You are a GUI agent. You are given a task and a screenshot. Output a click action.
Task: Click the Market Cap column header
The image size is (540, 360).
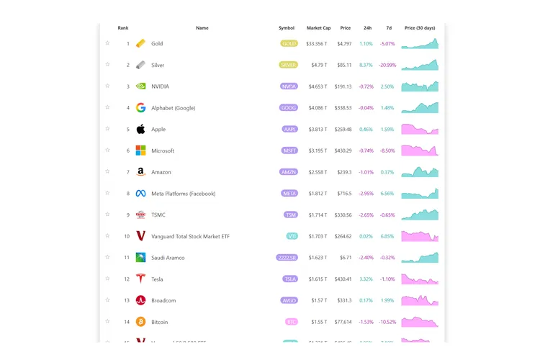click(318, 28)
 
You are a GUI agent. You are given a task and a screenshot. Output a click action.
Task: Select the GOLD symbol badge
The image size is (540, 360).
click(289, 44)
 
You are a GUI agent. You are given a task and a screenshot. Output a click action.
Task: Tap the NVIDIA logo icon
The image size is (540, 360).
click(140, 86)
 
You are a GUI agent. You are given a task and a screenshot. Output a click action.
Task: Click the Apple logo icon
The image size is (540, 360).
click(140, 130)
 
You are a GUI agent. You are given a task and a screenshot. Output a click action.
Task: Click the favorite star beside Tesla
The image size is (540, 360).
click(107, 279)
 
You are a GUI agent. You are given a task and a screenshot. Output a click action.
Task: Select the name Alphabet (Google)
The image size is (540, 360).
click(173, 108)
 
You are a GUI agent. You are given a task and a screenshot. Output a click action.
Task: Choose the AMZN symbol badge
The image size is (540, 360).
click(289, 172)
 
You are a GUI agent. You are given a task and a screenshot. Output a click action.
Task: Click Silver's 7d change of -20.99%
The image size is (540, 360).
click(387, 65)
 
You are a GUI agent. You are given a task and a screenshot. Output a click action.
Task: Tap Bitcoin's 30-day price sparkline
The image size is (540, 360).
click(420, 322)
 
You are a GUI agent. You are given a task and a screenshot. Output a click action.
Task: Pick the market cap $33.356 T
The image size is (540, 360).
click(316, 44)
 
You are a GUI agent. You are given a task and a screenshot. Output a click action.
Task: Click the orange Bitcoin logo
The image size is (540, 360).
click(140, 322)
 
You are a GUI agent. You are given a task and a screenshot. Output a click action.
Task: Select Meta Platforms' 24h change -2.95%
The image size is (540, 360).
click(366, 194)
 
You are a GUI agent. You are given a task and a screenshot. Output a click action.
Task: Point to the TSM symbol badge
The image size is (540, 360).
click(289, 215)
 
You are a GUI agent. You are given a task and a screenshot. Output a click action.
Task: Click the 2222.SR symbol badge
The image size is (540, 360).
click(287, 258)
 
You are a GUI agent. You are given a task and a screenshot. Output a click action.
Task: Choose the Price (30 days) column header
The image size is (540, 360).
click(420, 28)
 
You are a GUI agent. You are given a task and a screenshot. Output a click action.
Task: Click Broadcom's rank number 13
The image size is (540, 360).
click(127, 300)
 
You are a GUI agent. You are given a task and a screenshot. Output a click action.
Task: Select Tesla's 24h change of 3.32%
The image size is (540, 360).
click(366, 279)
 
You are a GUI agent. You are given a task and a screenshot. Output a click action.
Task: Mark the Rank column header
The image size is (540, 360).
click(123, 28)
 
